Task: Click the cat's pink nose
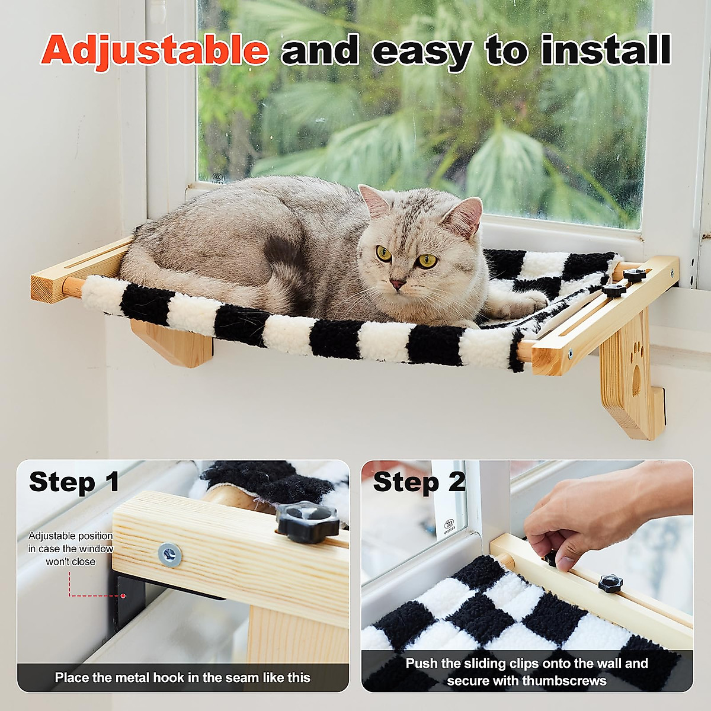[397, 284]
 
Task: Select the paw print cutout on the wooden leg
[637, 367]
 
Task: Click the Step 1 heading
[74, 482]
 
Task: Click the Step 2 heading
[419, 482]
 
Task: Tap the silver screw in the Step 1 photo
[169, 555]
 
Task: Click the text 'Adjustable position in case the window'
[71, 542]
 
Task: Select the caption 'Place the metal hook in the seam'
[182, 677]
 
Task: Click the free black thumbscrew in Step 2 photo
[610, 583]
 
